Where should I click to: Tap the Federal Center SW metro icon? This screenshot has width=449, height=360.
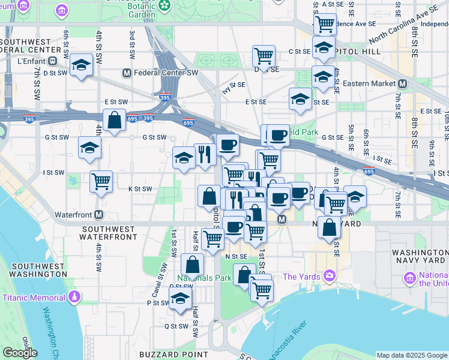[127, 73]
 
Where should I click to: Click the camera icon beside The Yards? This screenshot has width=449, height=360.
[328, 276]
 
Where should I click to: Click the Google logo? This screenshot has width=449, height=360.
[20, 353]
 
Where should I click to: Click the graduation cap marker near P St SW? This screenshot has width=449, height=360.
[180, 298]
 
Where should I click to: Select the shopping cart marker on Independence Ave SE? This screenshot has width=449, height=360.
[324, 24]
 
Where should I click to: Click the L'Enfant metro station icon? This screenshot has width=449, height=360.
[52, 61]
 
